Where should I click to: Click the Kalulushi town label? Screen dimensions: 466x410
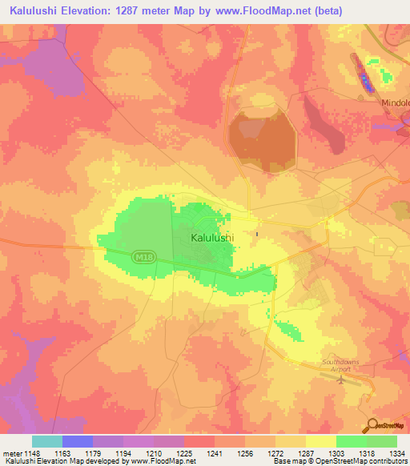(212, 238)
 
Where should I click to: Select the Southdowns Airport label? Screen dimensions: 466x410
(341, 365)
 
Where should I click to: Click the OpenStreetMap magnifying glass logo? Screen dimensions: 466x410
(373, 425)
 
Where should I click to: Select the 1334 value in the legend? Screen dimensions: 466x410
(396, 452)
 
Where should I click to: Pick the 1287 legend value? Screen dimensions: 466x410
(305, 452)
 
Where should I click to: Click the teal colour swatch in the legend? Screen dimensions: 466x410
(47, 441)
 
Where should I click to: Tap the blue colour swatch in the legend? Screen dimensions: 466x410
(78, 441)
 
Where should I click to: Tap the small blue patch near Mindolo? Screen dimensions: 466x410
(365, 82)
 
